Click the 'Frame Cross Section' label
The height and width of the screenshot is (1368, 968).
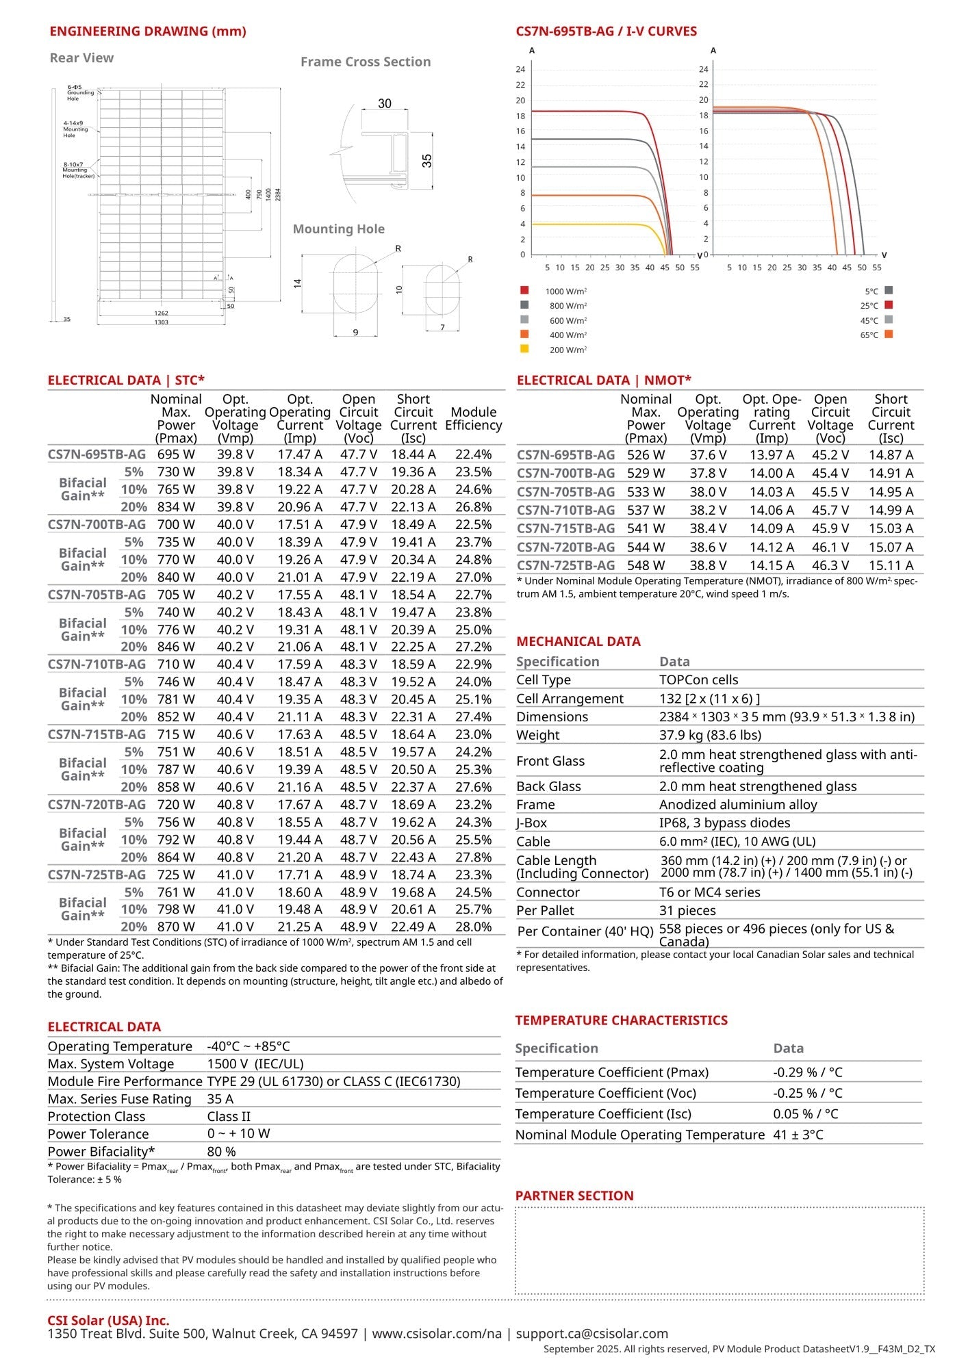tap(366, 62)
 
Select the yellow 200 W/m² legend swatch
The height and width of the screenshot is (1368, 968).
tap(524, 349)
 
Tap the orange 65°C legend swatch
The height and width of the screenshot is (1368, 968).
tap(889, 335)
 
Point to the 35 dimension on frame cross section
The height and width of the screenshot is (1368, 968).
tap(427, 161)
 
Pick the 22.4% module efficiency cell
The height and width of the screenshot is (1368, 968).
tap(473, 454)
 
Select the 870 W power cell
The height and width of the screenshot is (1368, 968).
tap(176, 927)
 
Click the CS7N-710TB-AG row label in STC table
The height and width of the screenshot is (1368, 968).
tap(97, 664)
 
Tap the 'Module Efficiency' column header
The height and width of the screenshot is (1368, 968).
tap(473, 419)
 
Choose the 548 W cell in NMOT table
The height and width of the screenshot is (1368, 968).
tap(646, 566)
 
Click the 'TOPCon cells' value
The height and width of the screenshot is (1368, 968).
tap(698, 680)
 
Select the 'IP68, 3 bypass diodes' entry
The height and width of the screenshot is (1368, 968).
tap(724, 823)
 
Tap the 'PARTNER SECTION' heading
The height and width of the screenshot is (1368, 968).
tap(574, 1196)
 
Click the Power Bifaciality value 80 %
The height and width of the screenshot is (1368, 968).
tap(221, 1152)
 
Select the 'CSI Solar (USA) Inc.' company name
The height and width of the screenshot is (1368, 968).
tap(108, 1321)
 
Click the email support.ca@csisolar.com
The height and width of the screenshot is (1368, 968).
tap(591, 1334)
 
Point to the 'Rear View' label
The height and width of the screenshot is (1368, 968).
tap(81, 58)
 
